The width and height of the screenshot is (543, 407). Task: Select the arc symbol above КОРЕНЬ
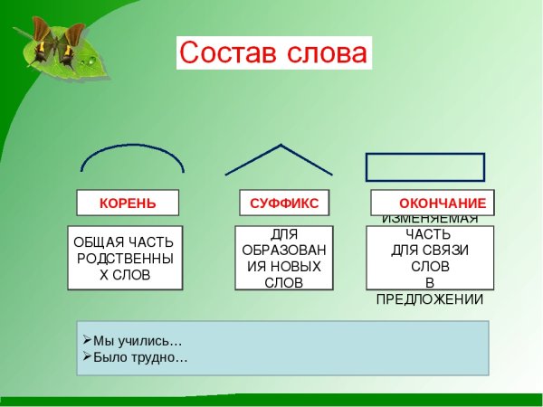pyautogui.click(x=132, y=155)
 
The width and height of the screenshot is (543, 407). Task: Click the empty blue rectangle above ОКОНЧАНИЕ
pyautogui.click(x=424, y=167)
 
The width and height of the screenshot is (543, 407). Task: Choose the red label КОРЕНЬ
pyautogui.click(x=127, y=203)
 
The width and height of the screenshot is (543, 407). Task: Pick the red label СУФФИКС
pyautogui.click(x=284, y=203)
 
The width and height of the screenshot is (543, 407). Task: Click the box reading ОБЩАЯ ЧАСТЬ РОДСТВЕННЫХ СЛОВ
pyautogui.click(x=125, y=258)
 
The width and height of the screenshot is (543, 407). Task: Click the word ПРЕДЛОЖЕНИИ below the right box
pyautogui.click(x=430, y=299)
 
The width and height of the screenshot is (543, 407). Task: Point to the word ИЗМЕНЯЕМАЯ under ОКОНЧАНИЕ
pyautogui.click(x=430, y=219)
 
